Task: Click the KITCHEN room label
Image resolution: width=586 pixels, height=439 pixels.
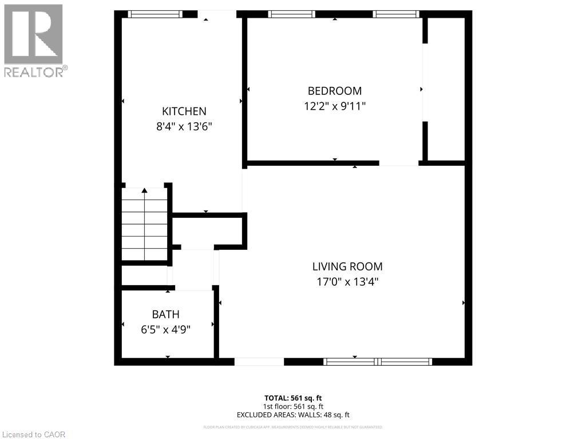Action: coord(184,111)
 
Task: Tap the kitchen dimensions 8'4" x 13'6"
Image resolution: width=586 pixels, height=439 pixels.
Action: coord(184,127)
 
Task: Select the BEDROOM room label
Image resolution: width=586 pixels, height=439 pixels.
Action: coord(335,91)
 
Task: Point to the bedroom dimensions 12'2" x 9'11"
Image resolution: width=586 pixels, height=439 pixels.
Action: coord(335,106)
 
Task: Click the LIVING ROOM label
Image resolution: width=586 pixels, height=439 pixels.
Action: coord(347,266)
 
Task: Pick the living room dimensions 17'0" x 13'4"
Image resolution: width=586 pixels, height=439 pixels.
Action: coord(347,281)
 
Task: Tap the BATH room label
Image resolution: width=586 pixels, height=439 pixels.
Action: coord(165,314)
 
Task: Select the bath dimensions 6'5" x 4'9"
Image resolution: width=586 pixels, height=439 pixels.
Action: coord(165,329)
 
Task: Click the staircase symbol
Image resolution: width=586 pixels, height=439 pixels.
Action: coord(145,225)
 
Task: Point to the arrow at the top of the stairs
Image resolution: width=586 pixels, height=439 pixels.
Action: coord(145,190)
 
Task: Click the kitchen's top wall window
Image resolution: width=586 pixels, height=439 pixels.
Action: coord(155,14)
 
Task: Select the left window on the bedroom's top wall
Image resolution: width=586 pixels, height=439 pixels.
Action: coord(292,14)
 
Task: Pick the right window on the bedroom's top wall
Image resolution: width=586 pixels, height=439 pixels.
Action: coord(396,14)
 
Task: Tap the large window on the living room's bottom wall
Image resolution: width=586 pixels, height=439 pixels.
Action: coord(378,361)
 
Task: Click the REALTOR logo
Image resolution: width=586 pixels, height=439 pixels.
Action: coord(34,40)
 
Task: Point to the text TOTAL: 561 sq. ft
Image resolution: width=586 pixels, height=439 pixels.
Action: coord(293,398)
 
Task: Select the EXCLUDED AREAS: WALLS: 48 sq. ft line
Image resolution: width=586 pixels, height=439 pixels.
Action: coord(293,415)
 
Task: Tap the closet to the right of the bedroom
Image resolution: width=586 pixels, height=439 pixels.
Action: coord(446,89)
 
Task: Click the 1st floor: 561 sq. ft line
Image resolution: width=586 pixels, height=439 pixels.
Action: coord(293,406)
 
